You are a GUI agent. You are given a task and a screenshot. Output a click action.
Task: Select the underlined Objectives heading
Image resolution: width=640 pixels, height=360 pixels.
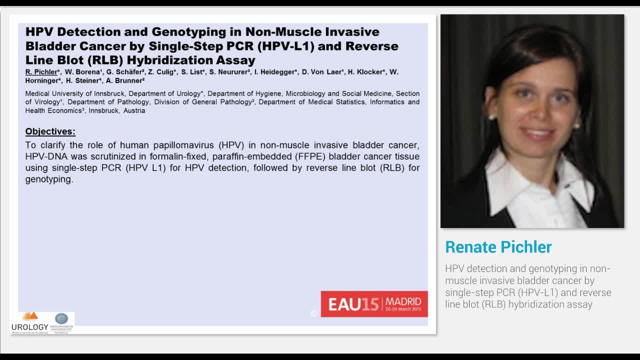(x=50, y=131)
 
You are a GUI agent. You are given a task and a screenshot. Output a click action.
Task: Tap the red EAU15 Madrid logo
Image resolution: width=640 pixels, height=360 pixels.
(x=374, y=303)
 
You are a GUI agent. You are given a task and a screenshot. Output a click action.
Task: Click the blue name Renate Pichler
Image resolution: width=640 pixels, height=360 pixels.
(x=498, y=247)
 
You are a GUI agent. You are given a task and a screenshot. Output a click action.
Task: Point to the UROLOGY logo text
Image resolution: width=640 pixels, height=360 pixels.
(x=30, y=327)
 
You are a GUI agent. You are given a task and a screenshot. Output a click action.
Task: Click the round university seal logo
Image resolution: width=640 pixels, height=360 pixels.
(x=61, y=318)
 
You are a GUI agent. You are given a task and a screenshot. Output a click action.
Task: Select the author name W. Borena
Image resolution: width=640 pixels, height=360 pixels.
(x=82, y=72)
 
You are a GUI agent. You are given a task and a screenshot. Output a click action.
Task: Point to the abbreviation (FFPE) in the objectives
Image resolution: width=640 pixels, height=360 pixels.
(x=310, y=156)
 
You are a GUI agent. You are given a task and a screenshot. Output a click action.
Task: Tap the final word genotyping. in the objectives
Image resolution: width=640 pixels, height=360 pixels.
(x=49, y=179)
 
